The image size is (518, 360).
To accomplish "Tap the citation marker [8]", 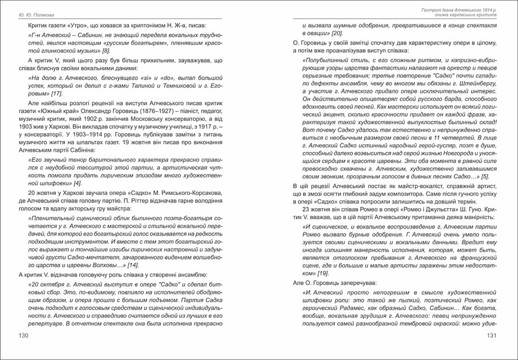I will click(106, 50).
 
